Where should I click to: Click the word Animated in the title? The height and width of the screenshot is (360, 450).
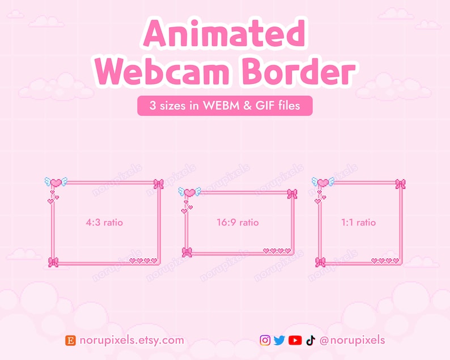coord(224,35)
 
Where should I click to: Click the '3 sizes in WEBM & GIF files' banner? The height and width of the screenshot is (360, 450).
coord(224,105)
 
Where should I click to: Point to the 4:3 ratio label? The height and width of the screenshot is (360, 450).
coord(104,222)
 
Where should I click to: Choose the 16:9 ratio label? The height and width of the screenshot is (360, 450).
coord(237,222)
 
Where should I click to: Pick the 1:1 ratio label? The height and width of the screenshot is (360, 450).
coord(358,222)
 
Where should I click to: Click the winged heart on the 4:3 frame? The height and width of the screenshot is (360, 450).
coord(56,183)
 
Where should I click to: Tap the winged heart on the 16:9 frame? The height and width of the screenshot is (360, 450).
coord(189,192)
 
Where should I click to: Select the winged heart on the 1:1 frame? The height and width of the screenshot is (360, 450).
coord(323,182)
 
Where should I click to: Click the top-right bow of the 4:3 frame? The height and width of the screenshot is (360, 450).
coord(159,184)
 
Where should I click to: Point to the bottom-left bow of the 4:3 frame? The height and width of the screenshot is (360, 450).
coord(53,262)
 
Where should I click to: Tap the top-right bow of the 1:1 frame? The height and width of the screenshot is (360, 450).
coord(400,184)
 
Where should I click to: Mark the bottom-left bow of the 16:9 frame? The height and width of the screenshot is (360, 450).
coord(187,252)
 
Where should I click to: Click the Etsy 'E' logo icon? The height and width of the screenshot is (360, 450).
coord(71,340)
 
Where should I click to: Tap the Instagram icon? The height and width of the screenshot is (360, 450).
coord(265,340)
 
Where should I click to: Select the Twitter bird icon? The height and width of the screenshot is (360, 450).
coord(279,340)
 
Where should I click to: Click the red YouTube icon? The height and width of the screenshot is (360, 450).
coord(295,340)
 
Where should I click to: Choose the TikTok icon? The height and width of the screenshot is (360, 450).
coord(309,340)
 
